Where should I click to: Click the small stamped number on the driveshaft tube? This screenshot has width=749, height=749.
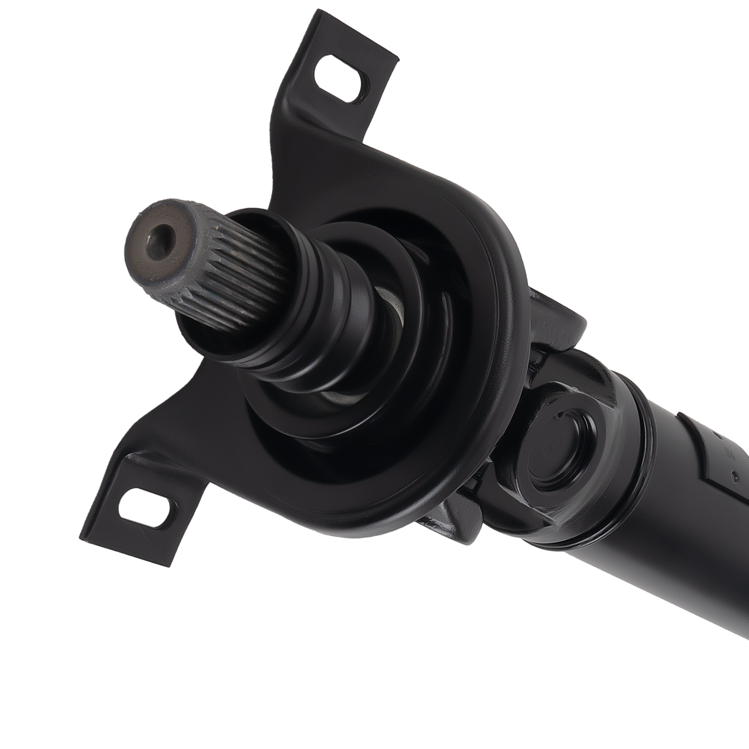[x=729, y=454]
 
